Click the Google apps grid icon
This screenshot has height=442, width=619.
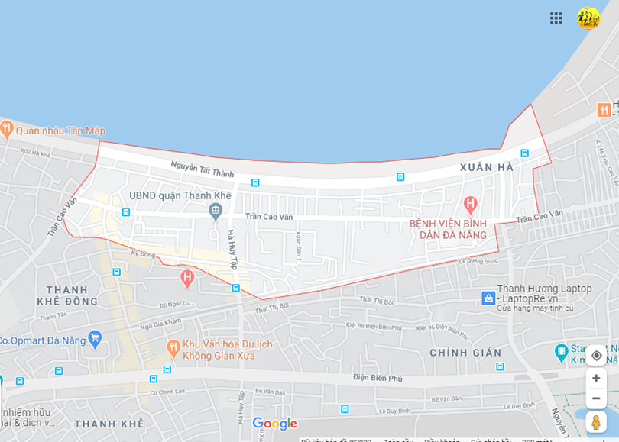[x=556, y=18]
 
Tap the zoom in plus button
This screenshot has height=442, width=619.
[x=596, y=379]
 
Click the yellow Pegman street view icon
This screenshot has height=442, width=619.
[x=596, y=422]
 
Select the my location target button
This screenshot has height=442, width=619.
[x=596, y=355]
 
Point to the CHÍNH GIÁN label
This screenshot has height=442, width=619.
[x=465, y=353]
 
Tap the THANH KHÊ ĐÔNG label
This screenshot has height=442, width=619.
[x=72, y=295]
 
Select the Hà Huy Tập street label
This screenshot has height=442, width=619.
[x=232, y=250]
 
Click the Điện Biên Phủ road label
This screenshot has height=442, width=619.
[x=378, y=377]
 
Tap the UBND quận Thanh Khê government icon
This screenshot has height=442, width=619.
[x=216, y=209]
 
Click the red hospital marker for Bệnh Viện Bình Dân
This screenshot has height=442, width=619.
[x=470, y=204]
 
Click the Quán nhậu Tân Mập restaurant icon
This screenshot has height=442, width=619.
[x=7, y=129]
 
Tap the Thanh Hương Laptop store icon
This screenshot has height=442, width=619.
[x=488, y=298]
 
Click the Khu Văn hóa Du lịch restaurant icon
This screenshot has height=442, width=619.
[x=173, y=348]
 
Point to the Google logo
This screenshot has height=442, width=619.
[x=274, y=424]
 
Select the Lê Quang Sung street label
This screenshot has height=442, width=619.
[x=478, y=261]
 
